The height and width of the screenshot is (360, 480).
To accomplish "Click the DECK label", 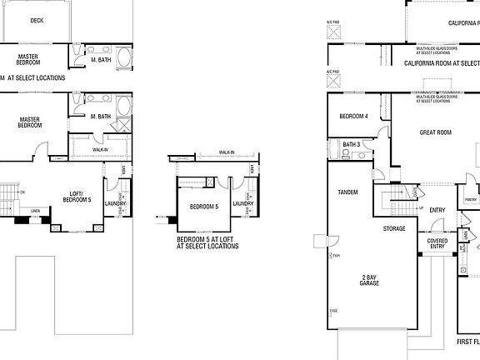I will (x=37, y=21).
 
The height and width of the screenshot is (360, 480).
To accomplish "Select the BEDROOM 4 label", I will (x=353, y=117).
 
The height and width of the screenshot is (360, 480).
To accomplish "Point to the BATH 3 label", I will (x=351, y=145).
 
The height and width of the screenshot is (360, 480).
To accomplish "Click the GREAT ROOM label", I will (x=435, y=132).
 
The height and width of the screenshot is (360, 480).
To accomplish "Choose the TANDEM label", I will (x=347, y=192).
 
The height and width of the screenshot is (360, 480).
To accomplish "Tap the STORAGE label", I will (x=394, y=228).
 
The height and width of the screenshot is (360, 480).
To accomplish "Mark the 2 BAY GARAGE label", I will (x=369, y=280).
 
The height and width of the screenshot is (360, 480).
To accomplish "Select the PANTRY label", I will (x=471, y=200).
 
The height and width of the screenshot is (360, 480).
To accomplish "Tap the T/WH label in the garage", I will (x=335, y=256).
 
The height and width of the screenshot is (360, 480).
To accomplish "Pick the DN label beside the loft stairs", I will (x=22, y=192).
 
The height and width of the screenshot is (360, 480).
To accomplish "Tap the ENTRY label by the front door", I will (x=437, y=210).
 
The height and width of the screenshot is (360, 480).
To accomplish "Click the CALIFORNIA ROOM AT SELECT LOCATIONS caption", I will (x=442, y=62).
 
